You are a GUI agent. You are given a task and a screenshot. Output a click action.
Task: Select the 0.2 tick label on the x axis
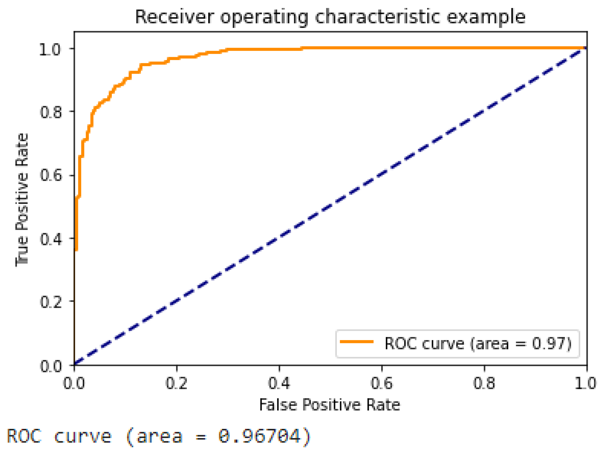pyautogui.click(x=176, y=384)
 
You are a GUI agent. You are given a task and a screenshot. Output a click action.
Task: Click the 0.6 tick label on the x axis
pyautogui.click(x=381, y=384)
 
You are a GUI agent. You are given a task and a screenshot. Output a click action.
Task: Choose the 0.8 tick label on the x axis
pyautogui.click(x=484, y=384)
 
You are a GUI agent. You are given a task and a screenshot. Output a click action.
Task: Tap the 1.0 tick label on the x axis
pyautogui.click(x=586, y=384)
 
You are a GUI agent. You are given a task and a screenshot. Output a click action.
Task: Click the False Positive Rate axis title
pyautogui.click(x=329, y=405)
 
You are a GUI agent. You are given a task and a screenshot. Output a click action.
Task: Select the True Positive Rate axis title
pyautogui.click(x=22, y=200)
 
